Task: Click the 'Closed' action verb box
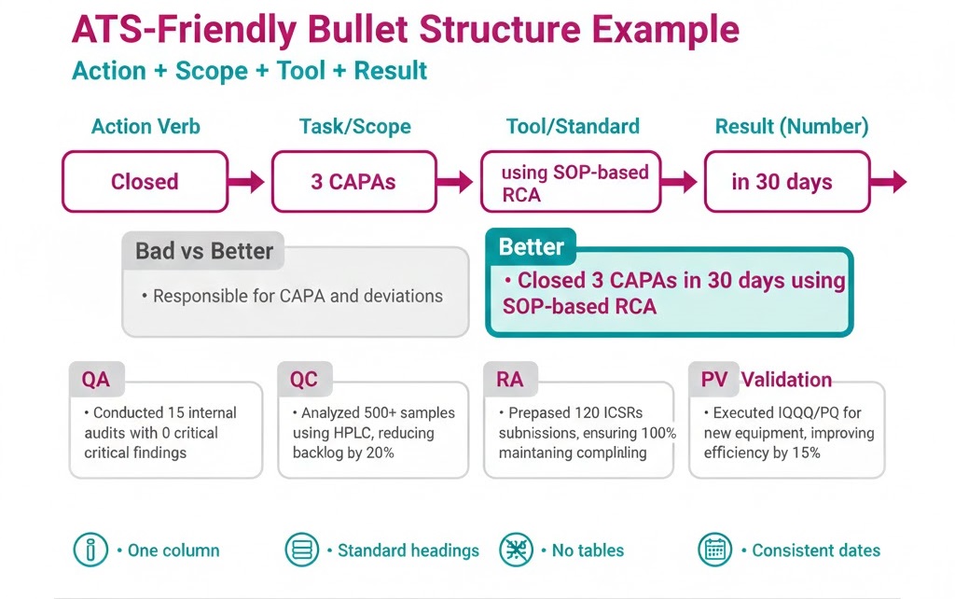pos(145,182)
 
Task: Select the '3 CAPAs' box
pos(353,182)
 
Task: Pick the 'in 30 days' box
pos(782,182)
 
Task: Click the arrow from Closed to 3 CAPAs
pos(248,182)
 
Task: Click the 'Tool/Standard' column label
pos(573,127)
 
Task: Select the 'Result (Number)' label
pos(792,127)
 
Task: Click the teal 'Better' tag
pos(531,247)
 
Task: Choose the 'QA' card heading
pos(96,380)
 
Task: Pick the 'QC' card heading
pos(304,380)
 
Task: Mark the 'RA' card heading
pos(509,380)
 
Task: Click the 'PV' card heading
pos(714,380)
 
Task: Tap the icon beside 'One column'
pos(90,550)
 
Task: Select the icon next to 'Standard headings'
pos(300,550)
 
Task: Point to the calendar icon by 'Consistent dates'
pos(716,550)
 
